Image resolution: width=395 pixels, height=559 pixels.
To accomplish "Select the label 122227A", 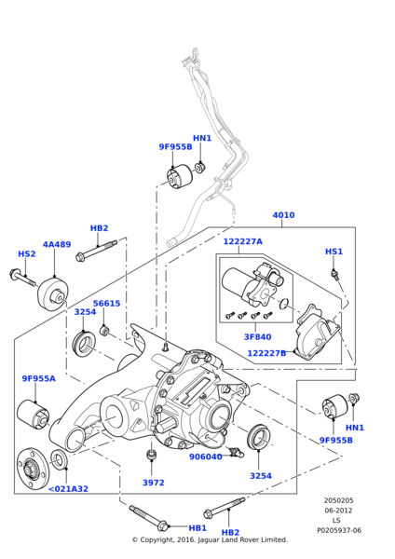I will pos(242,239).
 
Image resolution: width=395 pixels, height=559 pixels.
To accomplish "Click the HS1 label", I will pos(334,252).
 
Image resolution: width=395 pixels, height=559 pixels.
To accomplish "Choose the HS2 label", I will pos(27,252).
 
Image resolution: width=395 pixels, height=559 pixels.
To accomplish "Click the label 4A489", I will pos(58,244).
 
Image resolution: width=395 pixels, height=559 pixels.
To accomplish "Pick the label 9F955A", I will pos(38,378).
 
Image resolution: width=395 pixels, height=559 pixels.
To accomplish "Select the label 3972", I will pos(153,483).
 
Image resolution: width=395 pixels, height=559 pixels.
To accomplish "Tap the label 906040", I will pos(206,457).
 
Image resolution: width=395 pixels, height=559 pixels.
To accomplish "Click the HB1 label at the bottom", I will pos(171,527).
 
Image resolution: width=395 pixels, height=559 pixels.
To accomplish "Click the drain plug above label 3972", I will pos(152,453).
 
